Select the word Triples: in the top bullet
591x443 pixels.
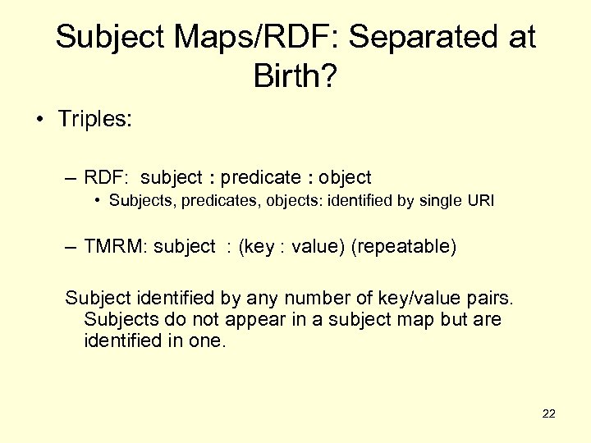click(x=94, y=120)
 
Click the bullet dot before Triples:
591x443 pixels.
click(x=40, y=121)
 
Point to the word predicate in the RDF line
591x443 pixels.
click(x=261, y=177)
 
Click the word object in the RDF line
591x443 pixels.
click(x=345, y=177)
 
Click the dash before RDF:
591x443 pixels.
click(x=71, y=177)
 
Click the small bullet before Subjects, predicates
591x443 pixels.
click(x=97, y=199)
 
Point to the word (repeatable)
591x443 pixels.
click(x=403, y=247)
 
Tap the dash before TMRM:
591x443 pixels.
click(x=71, y=247)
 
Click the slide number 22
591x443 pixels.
click(x=549, y=413)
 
